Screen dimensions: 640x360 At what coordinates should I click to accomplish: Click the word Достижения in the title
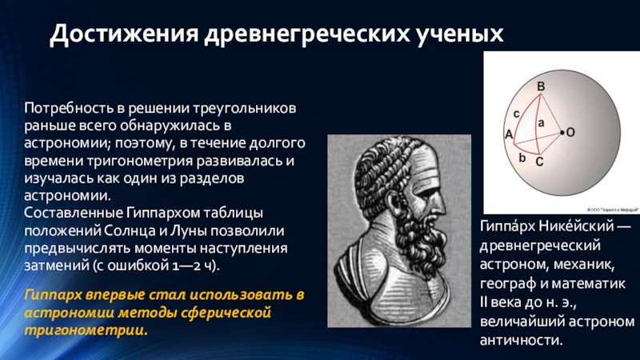[x=124, y=34]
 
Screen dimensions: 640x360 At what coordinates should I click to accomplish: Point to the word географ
[x=504, y=283]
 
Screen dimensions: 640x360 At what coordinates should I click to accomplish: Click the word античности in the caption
[x=522, y=340]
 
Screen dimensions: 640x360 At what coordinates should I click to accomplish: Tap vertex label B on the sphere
[x=541, y=86]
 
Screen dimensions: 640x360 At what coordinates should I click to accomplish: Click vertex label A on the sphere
[x=509, y=134]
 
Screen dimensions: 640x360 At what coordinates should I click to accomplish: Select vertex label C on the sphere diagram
[x=539, y=162]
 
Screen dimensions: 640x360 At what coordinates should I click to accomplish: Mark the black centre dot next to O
[x=562, y=132]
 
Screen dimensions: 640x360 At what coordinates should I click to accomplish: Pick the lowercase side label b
[x=522, y=157]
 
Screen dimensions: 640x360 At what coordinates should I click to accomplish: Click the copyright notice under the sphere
[x=613, y=210]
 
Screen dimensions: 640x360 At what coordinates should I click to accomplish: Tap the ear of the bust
[x=394, y=205]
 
